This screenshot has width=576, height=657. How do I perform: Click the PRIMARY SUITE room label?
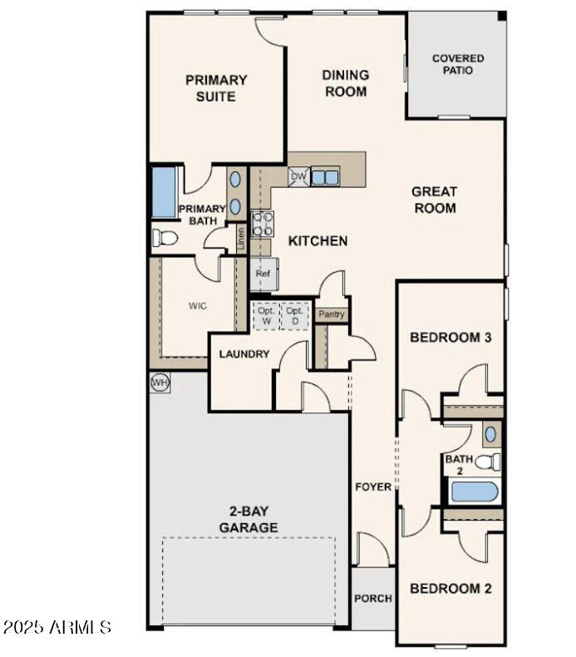pyautogui.click(x=216, y=88)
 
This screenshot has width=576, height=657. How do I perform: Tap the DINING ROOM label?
pyautogui.click(x=346, y=83)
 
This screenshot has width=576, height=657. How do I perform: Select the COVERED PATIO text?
pyautogui.click(x=457, y=64)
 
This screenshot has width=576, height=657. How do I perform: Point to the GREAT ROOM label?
pyautogui.click(x=434, y=200)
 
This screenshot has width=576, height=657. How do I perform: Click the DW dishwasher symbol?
pyautogui.click(x=298, y=176)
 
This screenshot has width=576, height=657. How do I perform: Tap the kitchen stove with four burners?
pyautogui.click(x=263, y=223)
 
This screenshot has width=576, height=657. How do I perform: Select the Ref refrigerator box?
pyautogui.click(x=263, y=273)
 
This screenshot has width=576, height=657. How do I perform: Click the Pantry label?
pyautogui.click(x=332, y=314)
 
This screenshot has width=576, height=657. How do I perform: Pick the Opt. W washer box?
pyautogui.click(x=266, y=314)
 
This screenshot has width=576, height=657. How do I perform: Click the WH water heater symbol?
pyautogui.click(x=160, y=382)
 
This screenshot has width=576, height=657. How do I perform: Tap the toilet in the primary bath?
pyautogui.click(x=165, y=239)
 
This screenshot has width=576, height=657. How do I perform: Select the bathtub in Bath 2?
pyautogui.click(x=474, y=492)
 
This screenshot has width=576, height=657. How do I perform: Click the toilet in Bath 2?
pyautogui.click(x=490, y=462)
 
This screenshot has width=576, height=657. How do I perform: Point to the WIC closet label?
pyautogui.click(x=198, y=305)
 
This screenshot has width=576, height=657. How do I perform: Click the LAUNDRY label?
pyautogui.click(x=244, y=354)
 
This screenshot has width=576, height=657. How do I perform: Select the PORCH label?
pyautogui.click(x=373, y=598)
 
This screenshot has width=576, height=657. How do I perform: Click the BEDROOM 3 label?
pyautogui.click(x=451, y=338)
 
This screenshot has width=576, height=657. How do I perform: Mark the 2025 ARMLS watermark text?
pyautogui.click(x=57, y=626)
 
